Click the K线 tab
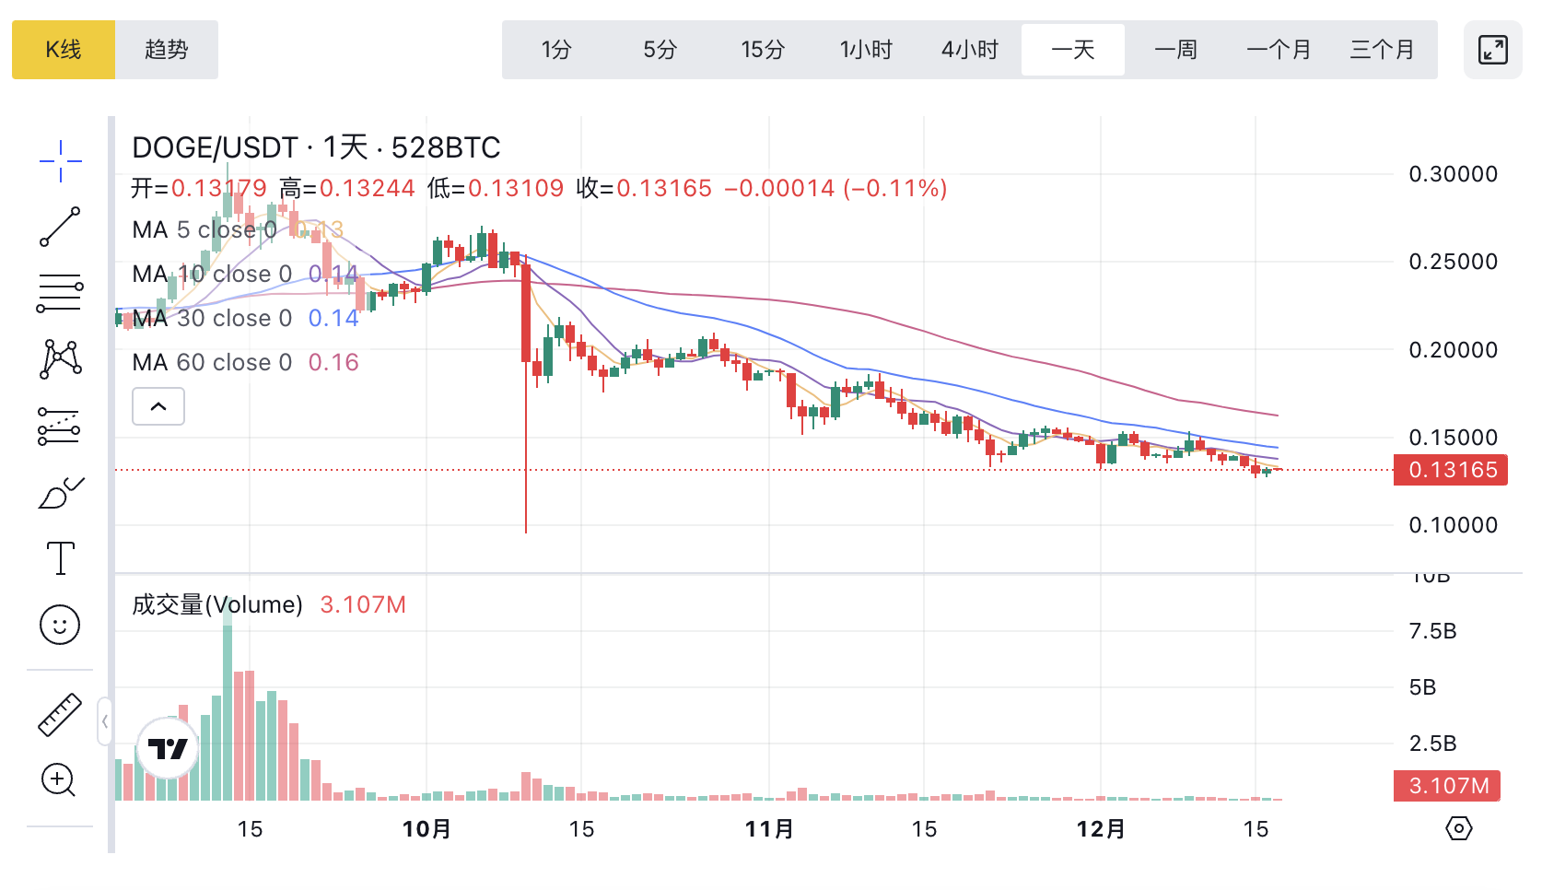click(64, 50)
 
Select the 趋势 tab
click(167, 50)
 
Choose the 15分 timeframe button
click(763, 50)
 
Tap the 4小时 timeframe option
click(969, 50)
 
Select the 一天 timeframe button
click(1073, 50)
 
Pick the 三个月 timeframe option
click(1382, 50)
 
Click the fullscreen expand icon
click(1492, 50)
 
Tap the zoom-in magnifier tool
click(59, 780)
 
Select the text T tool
click(60, 558)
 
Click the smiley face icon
click(60, 626)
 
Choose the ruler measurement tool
click(60, 715)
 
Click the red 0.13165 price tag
click(1451, 470)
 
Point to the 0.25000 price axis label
click(1453, 262)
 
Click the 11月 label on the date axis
click(769, 829)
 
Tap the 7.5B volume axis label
click(1432, 632)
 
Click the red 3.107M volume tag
click(1447, 786)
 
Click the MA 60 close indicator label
click(212, 362)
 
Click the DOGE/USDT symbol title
click(215, 147)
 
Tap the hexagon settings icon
click(1458, 828)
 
